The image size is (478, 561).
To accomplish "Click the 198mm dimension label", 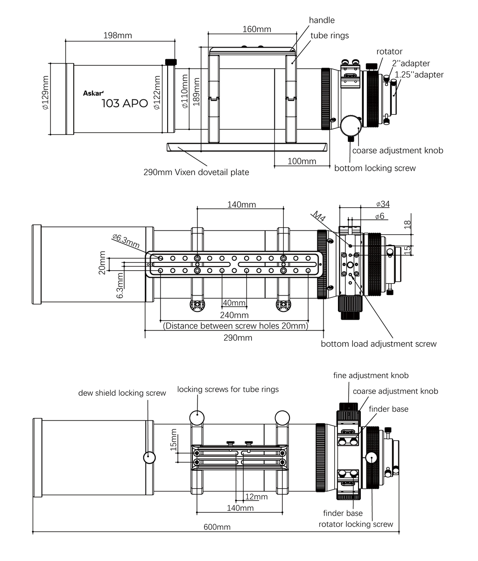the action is (x=118, y=35).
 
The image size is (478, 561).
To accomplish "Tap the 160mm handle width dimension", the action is (x=257, y=29).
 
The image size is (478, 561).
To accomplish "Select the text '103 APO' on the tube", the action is (x=125, y=104).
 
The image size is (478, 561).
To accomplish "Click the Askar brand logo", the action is (x=93, y=93).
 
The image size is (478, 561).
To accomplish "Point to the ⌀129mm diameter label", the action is (x=45, y=92).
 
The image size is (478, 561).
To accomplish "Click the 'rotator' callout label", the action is (x=389, y=51).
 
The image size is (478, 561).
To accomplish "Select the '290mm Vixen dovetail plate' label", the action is (x=196, y=172).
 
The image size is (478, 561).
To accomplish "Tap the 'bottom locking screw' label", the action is (x=375, y=168).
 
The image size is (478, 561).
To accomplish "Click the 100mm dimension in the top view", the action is (x=302, y=161).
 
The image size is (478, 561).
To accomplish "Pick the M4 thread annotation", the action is (x=319, y=216).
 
